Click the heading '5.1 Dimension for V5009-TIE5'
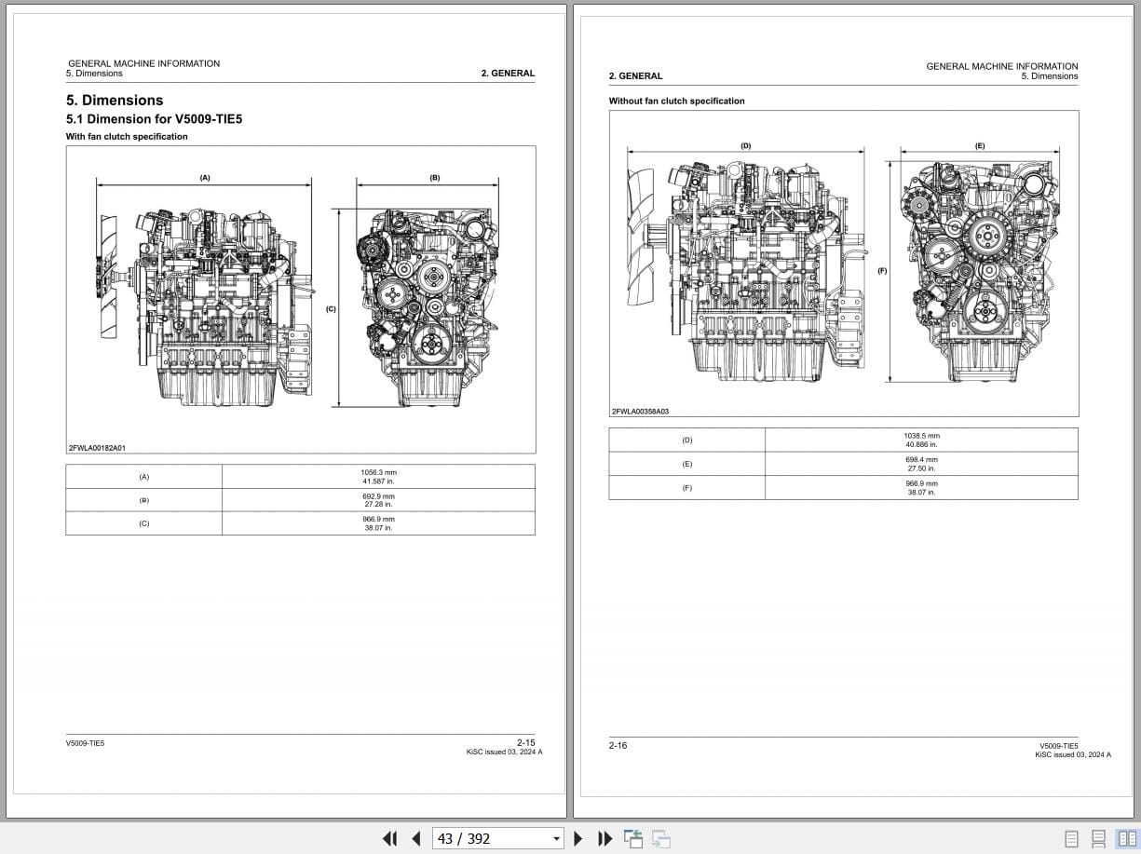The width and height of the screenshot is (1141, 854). tap(154, 119)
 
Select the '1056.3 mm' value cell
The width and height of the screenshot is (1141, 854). tap(378, 476)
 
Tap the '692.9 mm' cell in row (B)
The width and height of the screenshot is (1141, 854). tap(378, 500)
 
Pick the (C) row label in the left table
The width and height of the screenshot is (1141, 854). tap(143, 523)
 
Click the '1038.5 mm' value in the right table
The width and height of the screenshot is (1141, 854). tap(921, 440)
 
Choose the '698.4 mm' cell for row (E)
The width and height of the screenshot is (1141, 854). tap(921, 464)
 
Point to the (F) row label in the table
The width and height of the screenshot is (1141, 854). tap(687, 488)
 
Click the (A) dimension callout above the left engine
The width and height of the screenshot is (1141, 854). tap(205, 177)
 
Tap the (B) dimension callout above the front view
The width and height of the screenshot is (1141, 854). tap(435, 177)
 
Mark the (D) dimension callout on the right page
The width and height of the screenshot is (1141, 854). tap(745, 146)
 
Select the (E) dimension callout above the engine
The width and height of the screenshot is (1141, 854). tap(980, 146)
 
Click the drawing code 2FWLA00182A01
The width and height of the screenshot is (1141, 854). tap(97, 448)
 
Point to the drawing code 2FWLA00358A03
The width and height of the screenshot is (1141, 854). tap(641, 411)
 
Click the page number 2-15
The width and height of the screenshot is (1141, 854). tap(525, 742)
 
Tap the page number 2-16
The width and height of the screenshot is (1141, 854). tap(618, 745)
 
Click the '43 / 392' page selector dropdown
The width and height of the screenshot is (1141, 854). tap(498, 838)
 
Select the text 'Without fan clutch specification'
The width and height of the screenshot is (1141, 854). tap(677, 101)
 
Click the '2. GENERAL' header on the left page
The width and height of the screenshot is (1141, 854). tap(508, 73)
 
